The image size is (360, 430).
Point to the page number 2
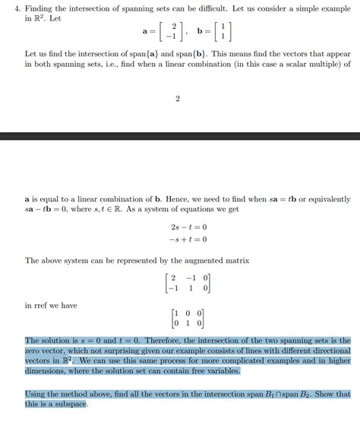pyautogui.click(x=178, y=100)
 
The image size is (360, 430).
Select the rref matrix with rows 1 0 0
pyautogui.click(x=189, y=318)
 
